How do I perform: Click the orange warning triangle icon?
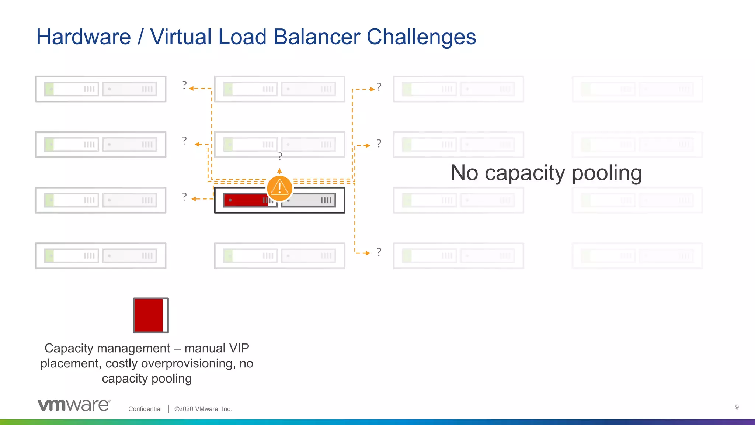point(279,188)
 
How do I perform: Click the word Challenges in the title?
point(421,37)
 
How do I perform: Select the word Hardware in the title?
point(84,37)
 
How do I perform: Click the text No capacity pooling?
point(546,173)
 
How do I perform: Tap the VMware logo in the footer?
point(74,405)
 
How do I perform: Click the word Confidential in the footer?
point(145,409)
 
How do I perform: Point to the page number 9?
point(737,407)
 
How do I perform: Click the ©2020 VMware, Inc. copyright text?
point(203,409)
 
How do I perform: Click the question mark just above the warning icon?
point(280,156)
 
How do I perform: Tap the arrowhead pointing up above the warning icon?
point(279,171)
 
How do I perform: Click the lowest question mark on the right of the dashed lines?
point(379,252)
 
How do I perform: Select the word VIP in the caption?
point(239,348)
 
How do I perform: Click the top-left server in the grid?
point(101,89)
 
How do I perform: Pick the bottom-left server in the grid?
point(101,256)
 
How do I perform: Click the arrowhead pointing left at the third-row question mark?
point(194,199)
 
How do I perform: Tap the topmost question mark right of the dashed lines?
point(379,87)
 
